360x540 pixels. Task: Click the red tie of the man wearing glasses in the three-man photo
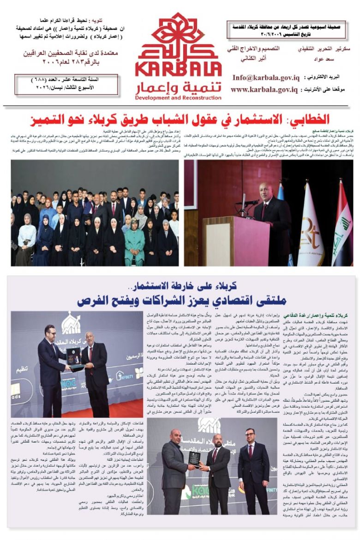click(x=213, y=455)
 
